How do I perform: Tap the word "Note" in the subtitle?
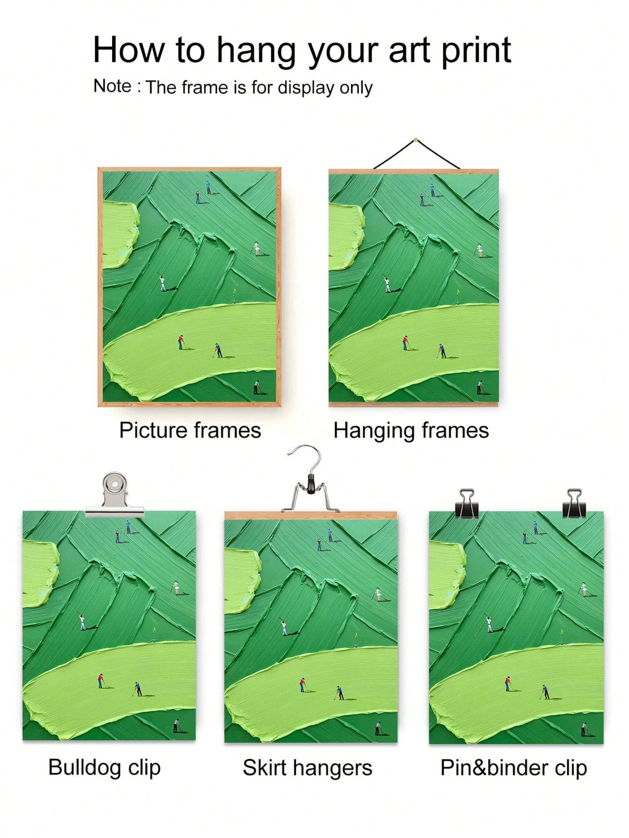113,86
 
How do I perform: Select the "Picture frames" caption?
190,430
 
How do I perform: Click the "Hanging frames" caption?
411,430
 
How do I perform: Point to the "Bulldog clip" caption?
104,768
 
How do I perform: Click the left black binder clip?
467,504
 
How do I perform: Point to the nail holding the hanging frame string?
415,139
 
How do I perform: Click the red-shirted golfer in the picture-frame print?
180,342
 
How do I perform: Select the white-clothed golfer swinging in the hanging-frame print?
387,284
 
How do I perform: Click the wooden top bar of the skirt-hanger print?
310,515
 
